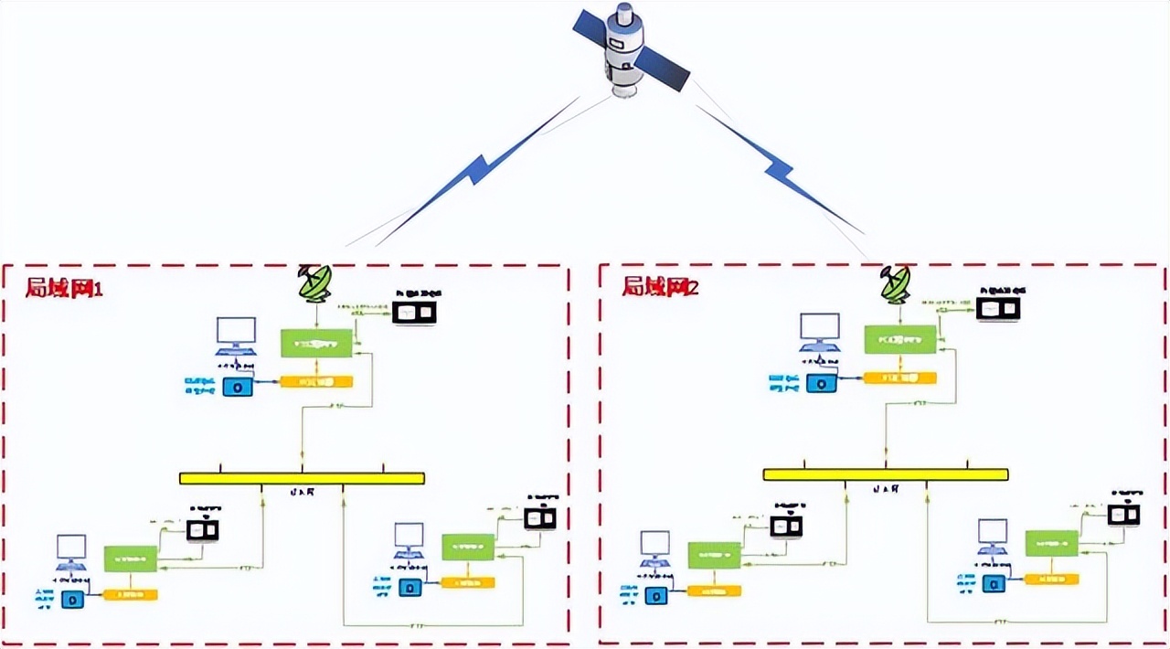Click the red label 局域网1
[64, 288]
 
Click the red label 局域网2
[660, 287]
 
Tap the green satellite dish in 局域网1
[316, 283]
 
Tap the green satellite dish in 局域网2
[896, 284]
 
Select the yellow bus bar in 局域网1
[302, 478]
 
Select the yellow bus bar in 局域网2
[885, 474]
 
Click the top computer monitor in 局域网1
[236, 335]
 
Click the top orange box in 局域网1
[315, 380]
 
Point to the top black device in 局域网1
[414, 313]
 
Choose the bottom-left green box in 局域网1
[130, 558]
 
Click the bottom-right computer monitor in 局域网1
[409, 538]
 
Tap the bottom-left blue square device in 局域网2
[655, 596]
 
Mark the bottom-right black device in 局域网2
[1123, 515]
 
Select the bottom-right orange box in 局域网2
[1051, 579]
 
